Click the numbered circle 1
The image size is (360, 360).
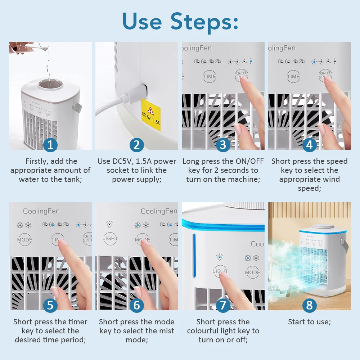coord(50,145)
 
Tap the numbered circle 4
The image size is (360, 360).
coord(309,145)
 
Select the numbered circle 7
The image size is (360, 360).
coord(223,305)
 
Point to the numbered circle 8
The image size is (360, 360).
coord(309,305)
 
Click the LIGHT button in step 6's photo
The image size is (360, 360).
coord(110,238)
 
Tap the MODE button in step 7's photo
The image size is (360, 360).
coord(252,272)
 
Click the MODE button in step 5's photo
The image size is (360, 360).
coord(24,239)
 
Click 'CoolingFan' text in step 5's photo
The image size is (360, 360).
coord(41,211)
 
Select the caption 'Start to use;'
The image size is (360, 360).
coord(309,322)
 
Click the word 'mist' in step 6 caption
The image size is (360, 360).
coord(167,331)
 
